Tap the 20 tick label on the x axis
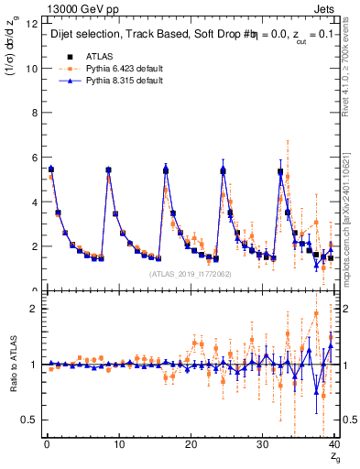point(191,446)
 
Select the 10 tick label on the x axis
point(118,446)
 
